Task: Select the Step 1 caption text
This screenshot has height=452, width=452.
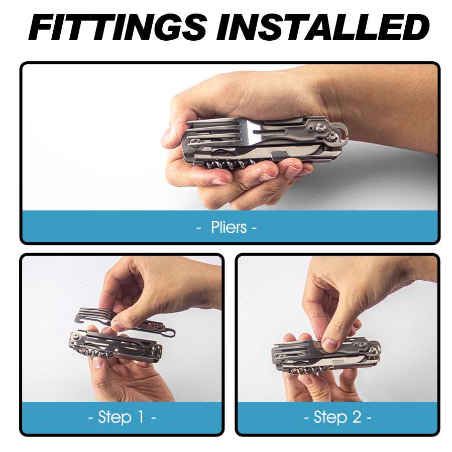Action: (x=122, y=417)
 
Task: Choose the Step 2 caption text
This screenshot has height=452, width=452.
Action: (x=337, y=417)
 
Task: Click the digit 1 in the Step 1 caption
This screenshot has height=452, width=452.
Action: (x=141, y=417)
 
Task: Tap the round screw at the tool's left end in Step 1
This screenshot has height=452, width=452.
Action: (x=76, y=335)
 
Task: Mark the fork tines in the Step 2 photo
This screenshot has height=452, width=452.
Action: (x=291, y=349)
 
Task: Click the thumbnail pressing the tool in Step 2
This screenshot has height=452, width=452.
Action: (x=329, y=344)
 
